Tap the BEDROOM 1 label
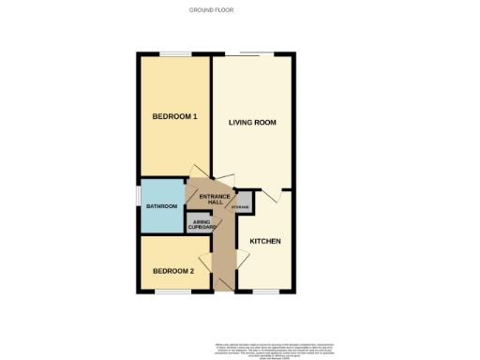[x=174, y=117]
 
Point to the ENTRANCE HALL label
[x=209, y=200]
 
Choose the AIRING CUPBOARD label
[x=202, y=225]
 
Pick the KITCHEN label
[x=265, y=241]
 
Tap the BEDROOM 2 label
[x=173, y=271]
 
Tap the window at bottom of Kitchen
[x=266, y=292]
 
